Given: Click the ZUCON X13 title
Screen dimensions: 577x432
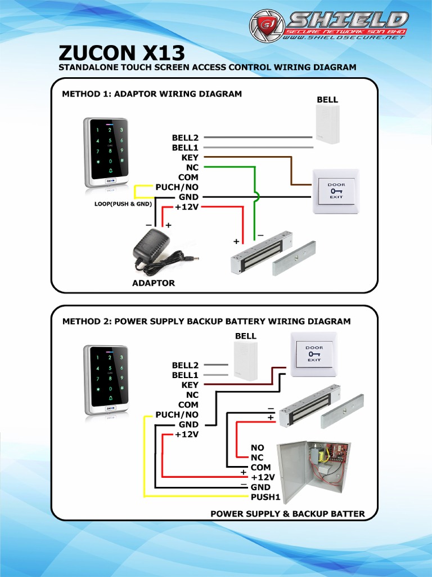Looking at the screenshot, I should point(121,53).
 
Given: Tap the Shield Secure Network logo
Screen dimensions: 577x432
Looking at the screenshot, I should point(329,26).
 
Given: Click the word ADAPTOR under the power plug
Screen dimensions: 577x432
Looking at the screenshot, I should point(154,283).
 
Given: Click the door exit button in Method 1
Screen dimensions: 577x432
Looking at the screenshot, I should point(336,192).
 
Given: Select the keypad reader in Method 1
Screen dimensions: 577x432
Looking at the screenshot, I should point(107,152).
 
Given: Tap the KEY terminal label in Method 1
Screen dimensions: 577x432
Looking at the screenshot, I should point(190,158).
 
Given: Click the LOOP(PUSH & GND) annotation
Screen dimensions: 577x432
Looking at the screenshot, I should point(123,204).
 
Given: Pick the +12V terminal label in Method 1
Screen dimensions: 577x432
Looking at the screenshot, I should point(187,207).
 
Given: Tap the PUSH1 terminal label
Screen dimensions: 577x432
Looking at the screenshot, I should point(265,497).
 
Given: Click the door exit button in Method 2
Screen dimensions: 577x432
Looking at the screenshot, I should point(314,354).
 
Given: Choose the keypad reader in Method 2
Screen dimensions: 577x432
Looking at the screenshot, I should point(107,380).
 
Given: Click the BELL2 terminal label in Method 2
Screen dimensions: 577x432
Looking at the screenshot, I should point(185,365).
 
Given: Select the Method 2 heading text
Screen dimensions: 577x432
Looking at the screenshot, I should point(206,321).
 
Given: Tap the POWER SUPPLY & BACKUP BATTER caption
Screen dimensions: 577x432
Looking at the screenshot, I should point(287,513).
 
